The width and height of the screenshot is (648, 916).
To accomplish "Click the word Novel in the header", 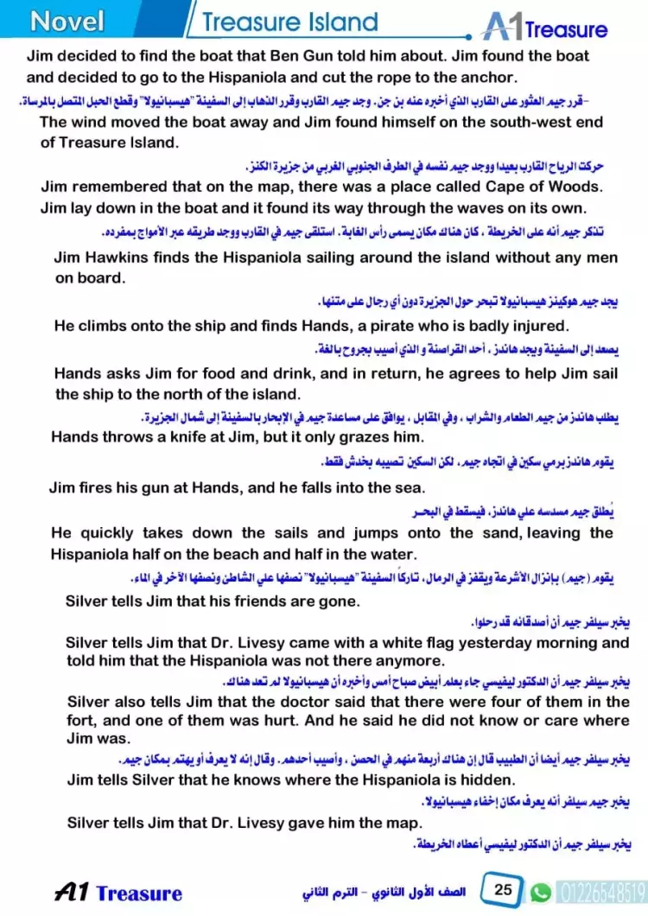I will click(67, 21).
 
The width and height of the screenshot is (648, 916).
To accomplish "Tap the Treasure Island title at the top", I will click(290, 22).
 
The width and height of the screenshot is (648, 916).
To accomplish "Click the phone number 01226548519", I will click(600, 890).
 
